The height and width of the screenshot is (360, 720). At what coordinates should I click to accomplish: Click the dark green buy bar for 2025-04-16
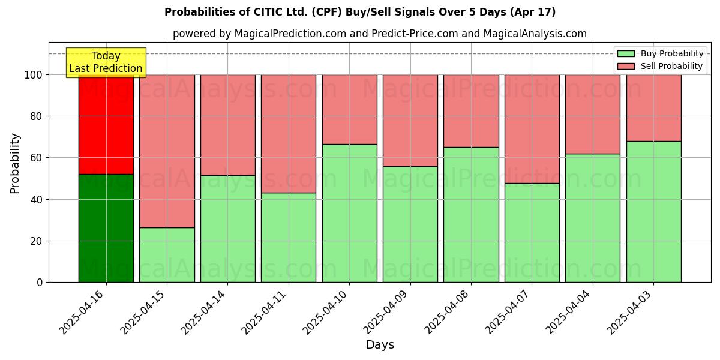point(106,228)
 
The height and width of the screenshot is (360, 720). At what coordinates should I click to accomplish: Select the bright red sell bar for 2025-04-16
point(106,124)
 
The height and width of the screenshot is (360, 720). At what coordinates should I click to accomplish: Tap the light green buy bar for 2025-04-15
point(167,254)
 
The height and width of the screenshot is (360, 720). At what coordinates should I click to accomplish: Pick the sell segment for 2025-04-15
point(167,151)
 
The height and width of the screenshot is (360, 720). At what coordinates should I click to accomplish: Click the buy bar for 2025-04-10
point(349,213)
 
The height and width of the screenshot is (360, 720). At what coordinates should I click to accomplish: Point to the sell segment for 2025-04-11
point(289,133)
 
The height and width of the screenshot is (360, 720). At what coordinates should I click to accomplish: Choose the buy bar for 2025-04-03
point(653,211)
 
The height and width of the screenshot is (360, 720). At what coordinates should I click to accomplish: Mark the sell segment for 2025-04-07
point(532,128)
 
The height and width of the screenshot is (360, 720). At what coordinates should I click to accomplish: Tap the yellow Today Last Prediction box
point(106,62)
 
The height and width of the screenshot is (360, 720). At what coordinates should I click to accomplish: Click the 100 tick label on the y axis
point(34,75)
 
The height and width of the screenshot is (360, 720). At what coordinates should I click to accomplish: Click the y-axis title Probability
point(15,163)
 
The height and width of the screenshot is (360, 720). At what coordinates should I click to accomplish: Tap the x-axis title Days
point(380,345)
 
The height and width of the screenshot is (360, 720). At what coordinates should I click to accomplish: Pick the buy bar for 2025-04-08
point(471,214)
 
